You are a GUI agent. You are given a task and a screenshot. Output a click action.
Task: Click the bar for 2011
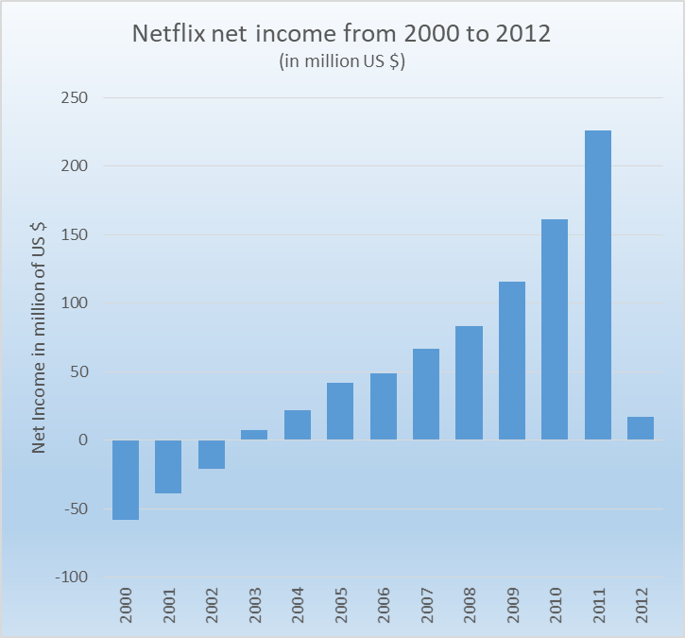(x=597, y=285)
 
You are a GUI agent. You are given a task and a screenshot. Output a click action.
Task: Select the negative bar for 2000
(x=126, y=480)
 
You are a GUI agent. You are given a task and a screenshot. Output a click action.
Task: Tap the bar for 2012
(x=641, y=428)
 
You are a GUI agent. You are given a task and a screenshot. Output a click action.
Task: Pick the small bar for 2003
(x=254, y=435)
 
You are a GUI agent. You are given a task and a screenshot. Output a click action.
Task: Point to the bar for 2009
(x=512, y=360)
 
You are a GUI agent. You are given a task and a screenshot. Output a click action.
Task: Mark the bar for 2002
(x=212, y=455)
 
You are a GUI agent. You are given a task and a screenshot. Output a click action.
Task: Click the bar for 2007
(x=426, y=394)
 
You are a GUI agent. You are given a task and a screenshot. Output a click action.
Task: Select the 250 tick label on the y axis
(x=74, y=97)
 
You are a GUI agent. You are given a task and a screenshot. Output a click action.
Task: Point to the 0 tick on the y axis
(x=83, y=440)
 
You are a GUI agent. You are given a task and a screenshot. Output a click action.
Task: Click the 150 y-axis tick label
(x=74, y=234)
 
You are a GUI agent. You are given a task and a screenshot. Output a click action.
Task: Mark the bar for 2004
(x=298, y=424)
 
